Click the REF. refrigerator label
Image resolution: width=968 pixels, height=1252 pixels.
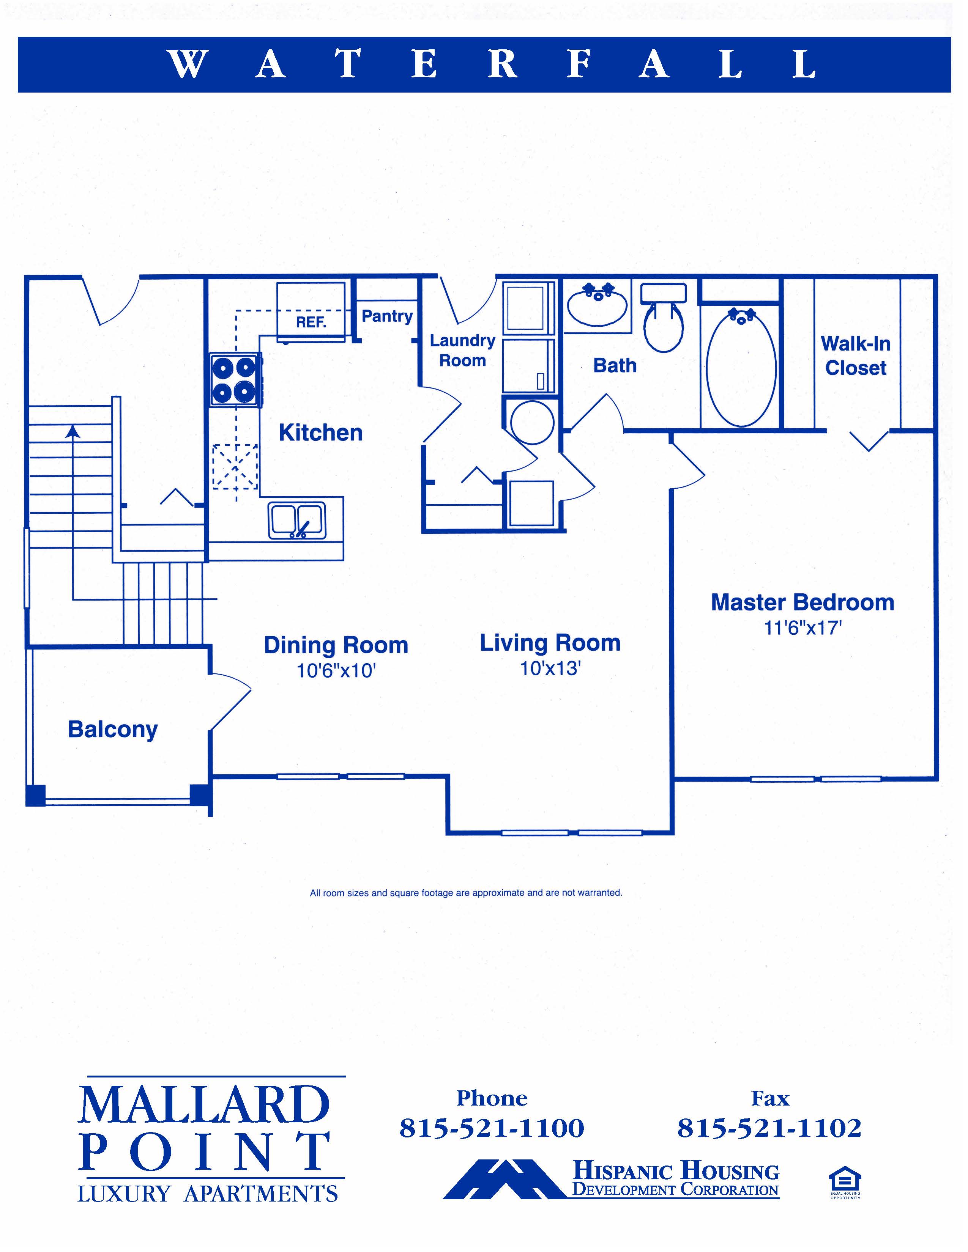(311, 322)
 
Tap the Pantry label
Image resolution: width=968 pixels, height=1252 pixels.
(387, 316)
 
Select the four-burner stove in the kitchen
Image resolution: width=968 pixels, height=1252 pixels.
(235, 379)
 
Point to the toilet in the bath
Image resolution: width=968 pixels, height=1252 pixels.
(664, 318)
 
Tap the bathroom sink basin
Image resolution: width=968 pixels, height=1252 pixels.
(597, 304)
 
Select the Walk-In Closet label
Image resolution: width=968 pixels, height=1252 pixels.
(856, 355)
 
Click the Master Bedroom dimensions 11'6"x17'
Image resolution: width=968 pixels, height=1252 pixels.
(803, 628)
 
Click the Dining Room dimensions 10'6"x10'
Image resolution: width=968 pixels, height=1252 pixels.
(336, 670)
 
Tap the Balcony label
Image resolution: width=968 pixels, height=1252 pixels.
(113, 730)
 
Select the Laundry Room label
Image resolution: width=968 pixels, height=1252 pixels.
(463, 350)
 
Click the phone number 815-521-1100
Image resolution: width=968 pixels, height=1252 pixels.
(492, 1128)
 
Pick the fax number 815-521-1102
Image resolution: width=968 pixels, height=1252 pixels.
(769, 1128)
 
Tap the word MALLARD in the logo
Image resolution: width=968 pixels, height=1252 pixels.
(204, 1105)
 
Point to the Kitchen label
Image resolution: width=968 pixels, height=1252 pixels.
(320, 433)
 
